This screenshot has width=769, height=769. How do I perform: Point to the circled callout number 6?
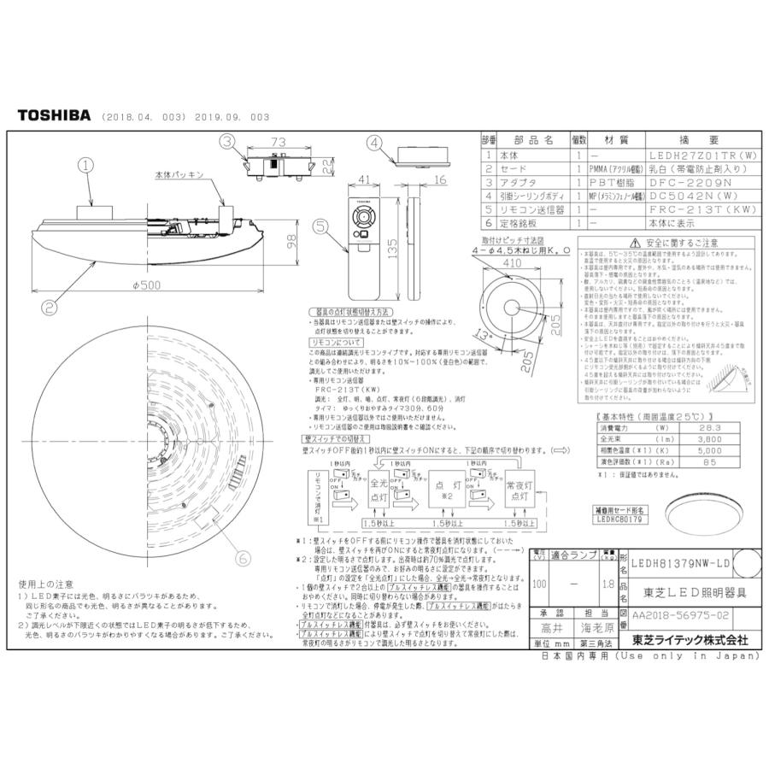point(244,558)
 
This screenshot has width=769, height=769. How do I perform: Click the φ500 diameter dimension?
point(143,285)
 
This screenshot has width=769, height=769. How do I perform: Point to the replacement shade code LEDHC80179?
point(619,518)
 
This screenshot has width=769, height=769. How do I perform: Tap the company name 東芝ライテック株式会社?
point(689,640)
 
